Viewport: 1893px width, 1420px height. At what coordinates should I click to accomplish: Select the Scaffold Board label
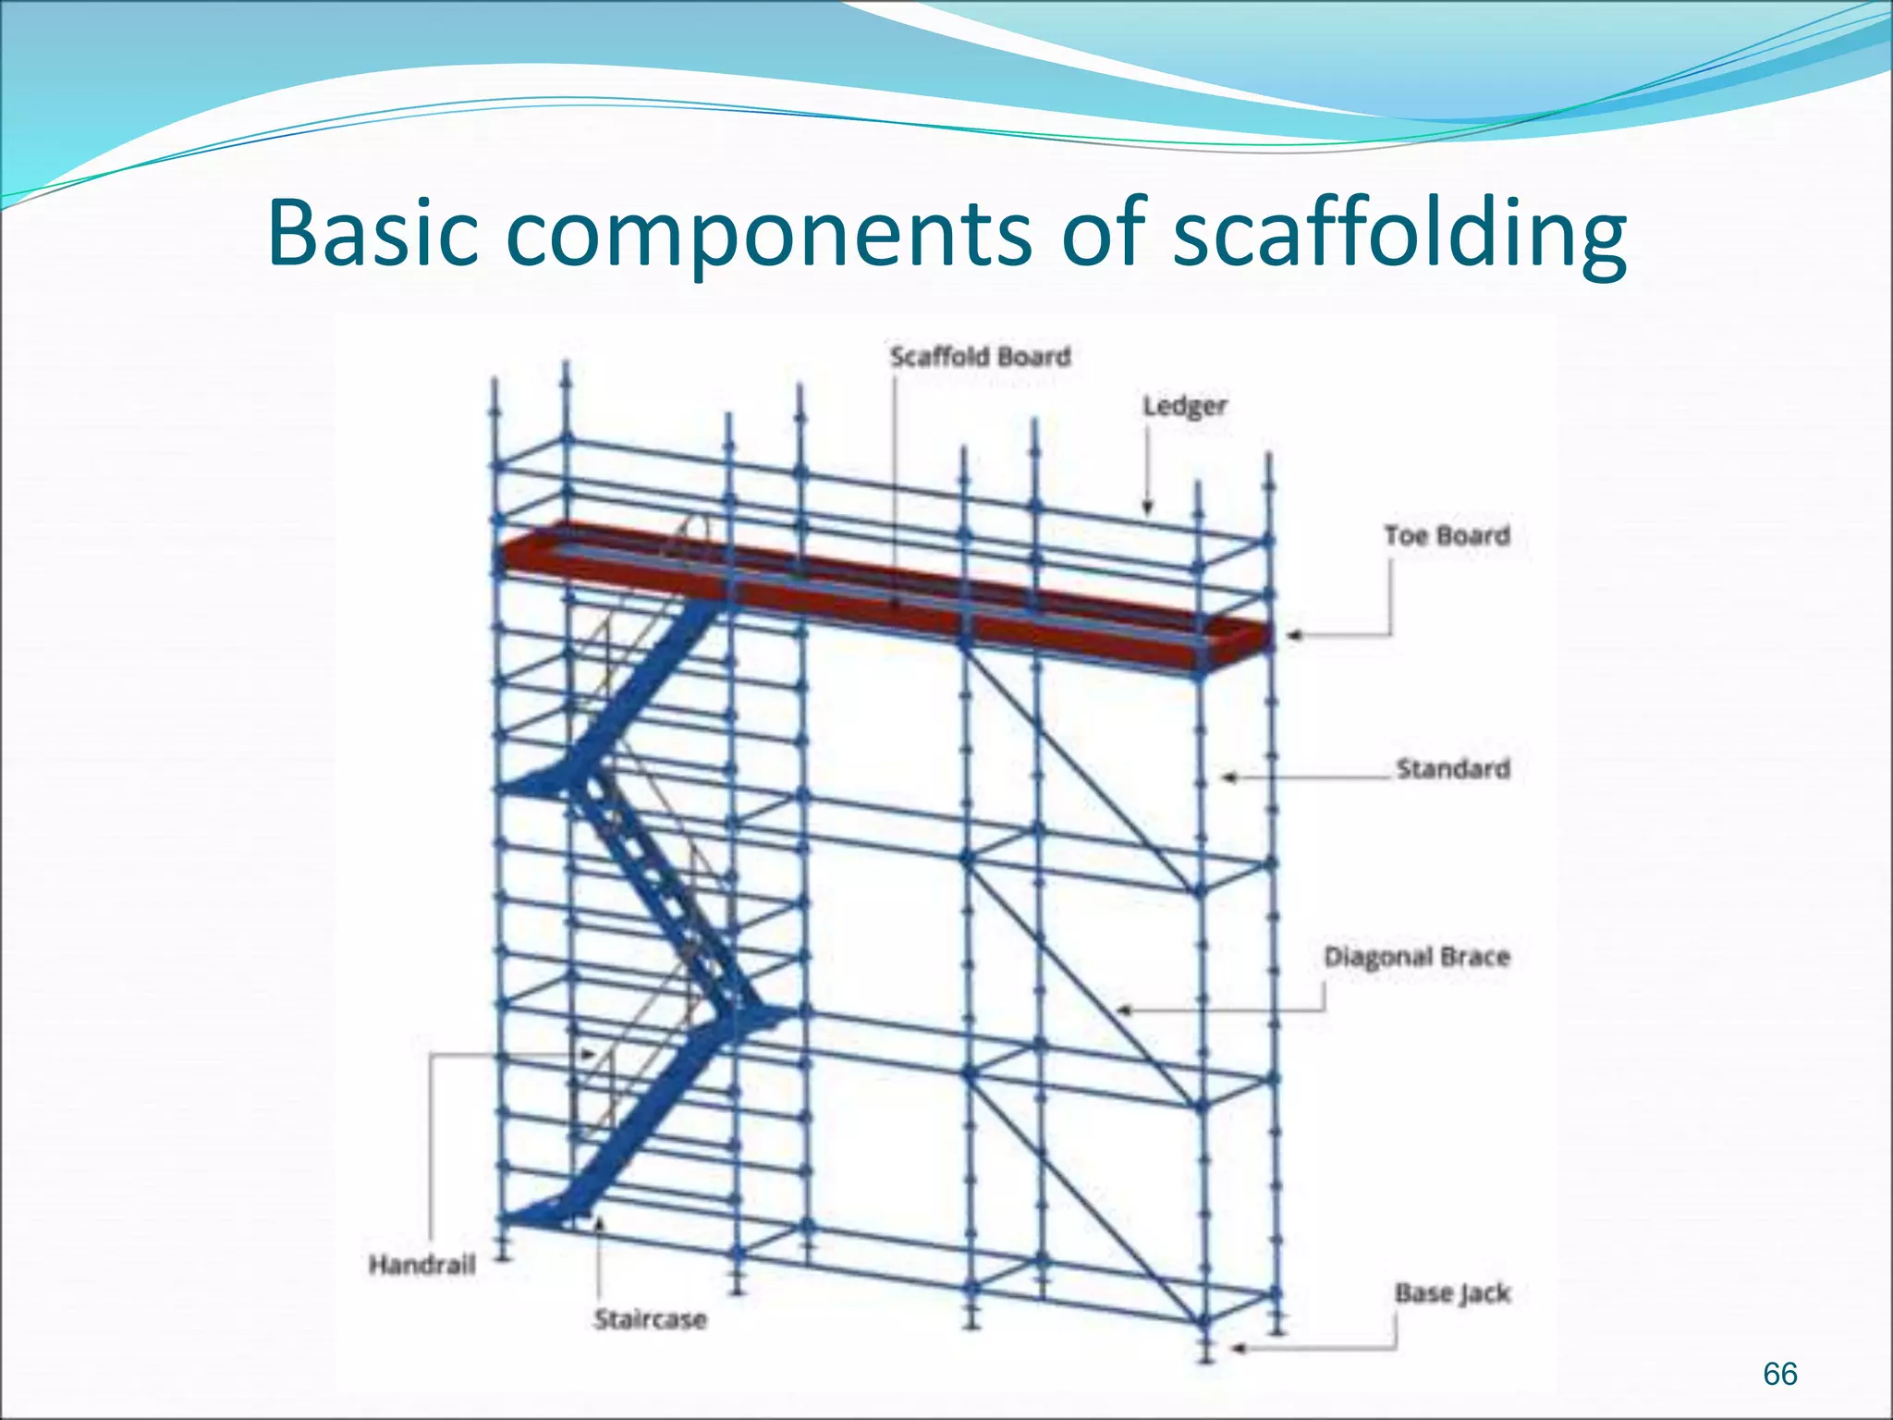point(980,357)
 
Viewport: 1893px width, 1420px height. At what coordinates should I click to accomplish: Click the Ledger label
point(1184,406)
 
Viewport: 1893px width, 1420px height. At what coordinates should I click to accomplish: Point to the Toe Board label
point(1447,535)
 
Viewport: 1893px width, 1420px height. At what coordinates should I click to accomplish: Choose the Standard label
point(1453,768)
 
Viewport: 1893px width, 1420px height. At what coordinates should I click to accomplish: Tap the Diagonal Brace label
point(1416,956)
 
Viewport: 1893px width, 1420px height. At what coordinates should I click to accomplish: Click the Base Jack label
point(1452,1292)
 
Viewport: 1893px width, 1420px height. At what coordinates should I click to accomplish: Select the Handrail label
point(422,1264)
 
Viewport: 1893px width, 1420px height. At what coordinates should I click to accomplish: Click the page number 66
point(1779,1374)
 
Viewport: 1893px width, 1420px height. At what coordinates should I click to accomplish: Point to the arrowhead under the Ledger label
point(1147,508)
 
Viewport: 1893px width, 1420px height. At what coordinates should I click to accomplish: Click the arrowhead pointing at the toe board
point(1295,636)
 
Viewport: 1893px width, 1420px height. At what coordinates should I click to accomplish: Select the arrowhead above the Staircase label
point(599,1224)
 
